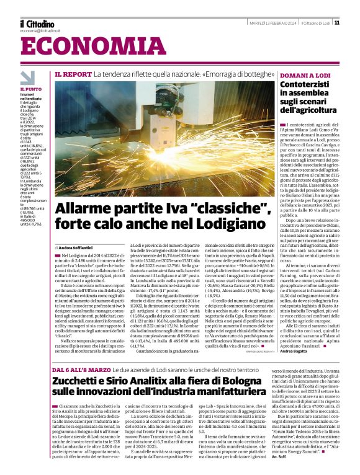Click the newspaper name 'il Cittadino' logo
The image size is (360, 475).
tap(37, 23)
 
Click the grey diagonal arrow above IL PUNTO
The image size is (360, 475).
tap(28, 78)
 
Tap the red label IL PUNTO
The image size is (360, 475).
tap(31, 89)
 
